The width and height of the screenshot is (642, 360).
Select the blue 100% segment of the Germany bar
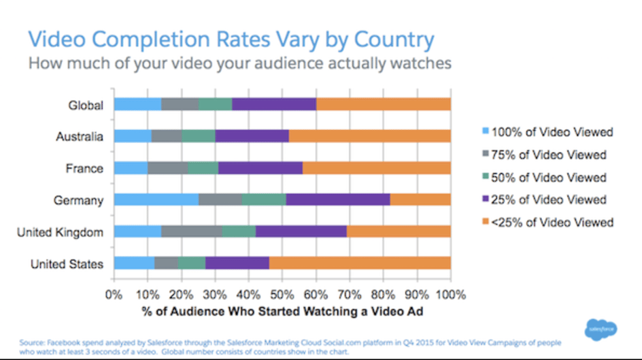(x=156, y=199)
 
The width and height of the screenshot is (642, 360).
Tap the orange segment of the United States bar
(x=360, y=263)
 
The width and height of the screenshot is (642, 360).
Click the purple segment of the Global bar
(x=273, y=104)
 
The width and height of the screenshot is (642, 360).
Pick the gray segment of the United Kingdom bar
(x=192, y=231)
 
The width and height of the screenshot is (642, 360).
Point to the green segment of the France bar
(x=203, y=168)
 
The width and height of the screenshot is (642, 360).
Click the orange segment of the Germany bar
(x=420, y=199)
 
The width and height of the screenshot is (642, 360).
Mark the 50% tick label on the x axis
(x=281, y=295)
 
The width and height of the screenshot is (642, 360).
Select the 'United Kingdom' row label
(x=60, y=232)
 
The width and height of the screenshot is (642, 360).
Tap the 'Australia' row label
(x=79, y=137)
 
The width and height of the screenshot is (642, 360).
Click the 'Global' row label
(x=85, y=105)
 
